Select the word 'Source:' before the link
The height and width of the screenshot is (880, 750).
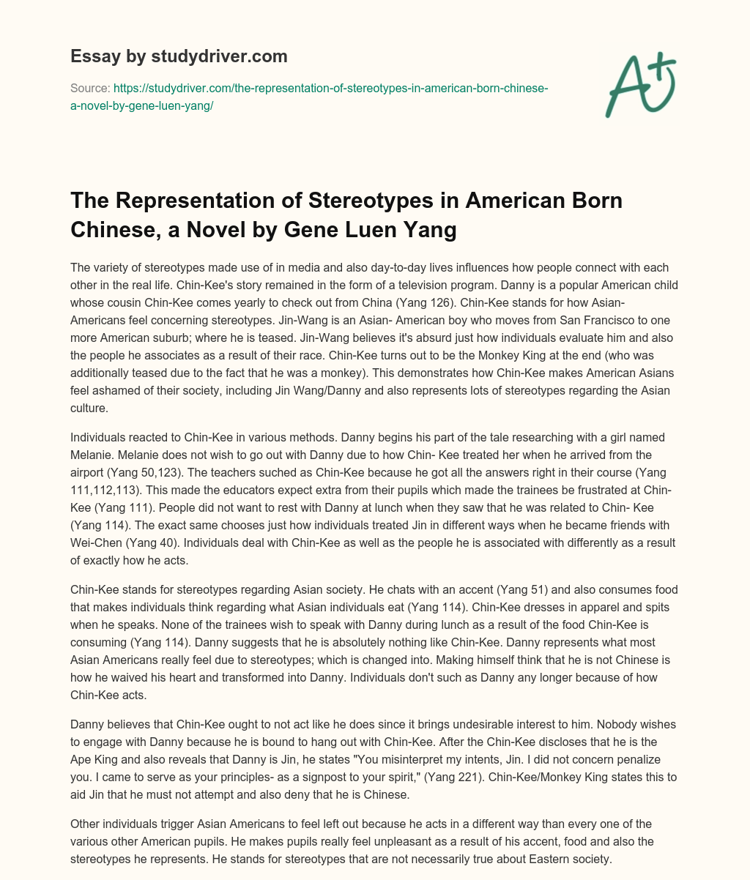86,88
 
